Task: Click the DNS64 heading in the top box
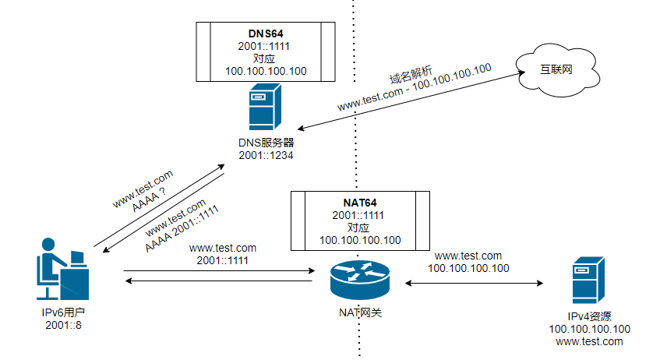click(x=266, y=34)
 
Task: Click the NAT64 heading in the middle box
click(x=360, y=203)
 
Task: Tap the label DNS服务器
click(x=266, y=143)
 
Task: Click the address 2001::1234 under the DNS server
click(x=266, y=156)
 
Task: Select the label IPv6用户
click(x=63, y=312)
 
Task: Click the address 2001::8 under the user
click(x=63, y=324)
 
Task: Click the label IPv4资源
click(x=589, y=316)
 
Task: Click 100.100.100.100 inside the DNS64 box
click(x=266, y=71)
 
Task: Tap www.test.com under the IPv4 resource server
click(x=589, y=341)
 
